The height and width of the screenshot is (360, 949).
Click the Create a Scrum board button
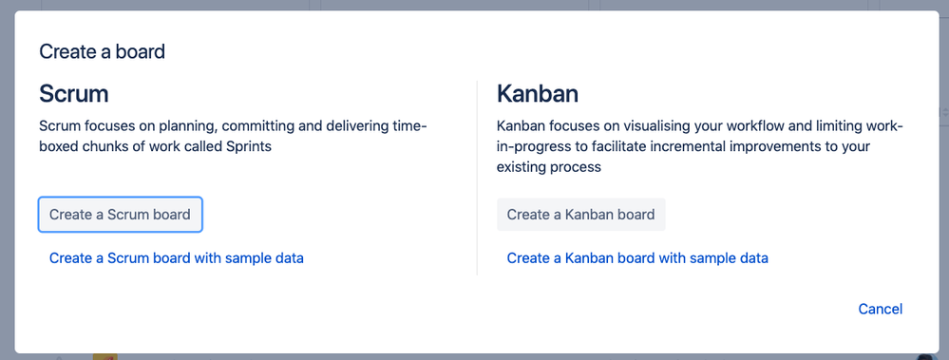pos(120,214)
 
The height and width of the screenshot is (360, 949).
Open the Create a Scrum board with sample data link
pos(176,258)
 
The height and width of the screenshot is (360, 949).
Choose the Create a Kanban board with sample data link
pos(637,258)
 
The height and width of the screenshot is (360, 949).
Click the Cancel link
pos(880,309)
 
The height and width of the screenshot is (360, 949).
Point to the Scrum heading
pos(74,94)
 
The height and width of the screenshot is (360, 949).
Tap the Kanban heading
pos(538,94)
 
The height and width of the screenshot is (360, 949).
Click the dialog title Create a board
pos(103,51)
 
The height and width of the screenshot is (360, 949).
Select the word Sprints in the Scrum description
pos(249,147)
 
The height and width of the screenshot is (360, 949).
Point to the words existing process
pos(549,167)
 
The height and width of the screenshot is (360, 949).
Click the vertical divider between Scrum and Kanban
pos(477,178)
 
